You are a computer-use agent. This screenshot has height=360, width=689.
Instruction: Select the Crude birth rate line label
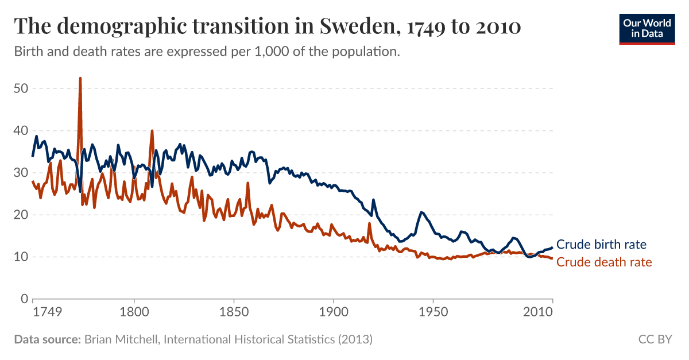click(601, 245)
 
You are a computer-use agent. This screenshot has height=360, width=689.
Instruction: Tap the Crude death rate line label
click(604, 262)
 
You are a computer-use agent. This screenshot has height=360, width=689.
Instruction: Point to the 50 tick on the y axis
click(21, 89)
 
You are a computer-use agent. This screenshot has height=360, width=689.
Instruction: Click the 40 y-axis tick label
click(21, 131)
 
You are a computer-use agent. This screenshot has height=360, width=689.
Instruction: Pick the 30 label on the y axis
click(21, 173)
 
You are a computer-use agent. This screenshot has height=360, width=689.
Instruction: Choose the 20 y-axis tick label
click(21, 215)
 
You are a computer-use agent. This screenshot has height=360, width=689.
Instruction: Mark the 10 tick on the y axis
click(21, 257)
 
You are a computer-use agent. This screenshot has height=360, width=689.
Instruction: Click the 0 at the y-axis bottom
click(24, 299)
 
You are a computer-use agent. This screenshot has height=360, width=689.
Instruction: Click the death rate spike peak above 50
click(80, 79)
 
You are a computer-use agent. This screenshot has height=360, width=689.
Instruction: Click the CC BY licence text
click(655, 339)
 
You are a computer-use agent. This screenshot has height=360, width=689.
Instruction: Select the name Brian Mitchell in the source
click(122, 339)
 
